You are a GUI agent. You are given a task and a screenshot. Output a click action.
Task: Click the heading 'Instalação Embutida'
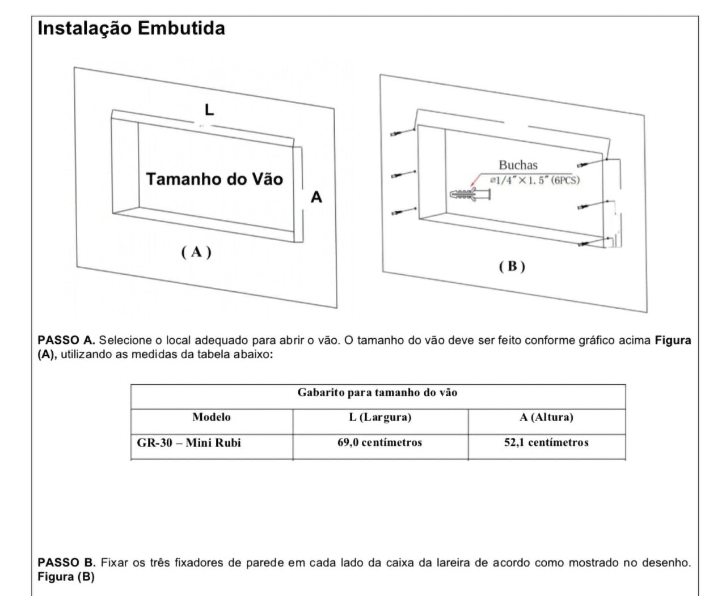pos(131,28)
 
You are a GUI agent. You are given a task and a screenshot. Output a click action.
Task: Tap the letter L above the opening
pos(209,110)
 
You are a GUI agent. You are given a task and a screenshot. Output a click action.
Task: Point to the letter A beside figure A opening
pos(316,197)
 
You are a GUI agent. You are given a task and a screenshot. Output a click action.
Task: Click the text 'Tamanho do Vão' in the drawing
pos(214,179)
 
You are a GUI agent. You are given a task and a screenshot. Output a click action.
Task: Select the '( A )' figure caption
pos(196,252)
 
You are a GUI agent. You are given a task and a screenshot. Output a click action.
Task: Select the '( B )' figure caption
pos(512,266)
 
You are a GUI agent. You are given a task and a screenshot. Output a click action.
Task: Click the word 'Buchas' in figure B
pos(518,165)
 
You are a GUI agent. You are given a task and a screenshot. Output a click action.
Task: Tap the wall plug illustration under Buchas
pos(470,194)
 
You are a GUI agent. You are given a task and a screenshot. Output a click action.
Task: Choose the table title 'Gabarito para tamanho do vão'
pos(377,393)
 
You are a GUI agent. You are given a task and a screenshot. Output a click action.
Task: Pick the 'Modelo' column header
pos(212,418)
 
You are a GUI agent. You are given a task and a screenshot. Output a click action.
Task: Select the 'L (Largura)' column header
pos(380,418)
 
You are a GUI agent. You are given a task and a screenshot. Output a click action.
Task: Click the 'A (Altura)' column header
pos(546,418)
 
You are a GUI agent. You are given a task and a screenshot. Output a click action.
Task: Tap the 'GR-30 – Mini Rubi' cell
pos(189,443)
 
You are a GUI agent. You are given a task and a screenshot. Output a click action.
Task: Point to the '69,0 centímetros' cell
pos(379,443)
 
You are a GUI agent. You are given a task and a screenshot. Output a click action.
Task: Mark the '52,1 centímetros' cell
pos(546,443)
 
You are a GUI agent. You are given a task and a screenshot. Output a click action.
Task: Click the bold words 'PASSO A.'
pos(66,340)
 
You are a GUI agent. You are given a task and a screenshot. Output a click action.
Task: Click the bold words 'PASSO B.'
pos(66,563)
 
